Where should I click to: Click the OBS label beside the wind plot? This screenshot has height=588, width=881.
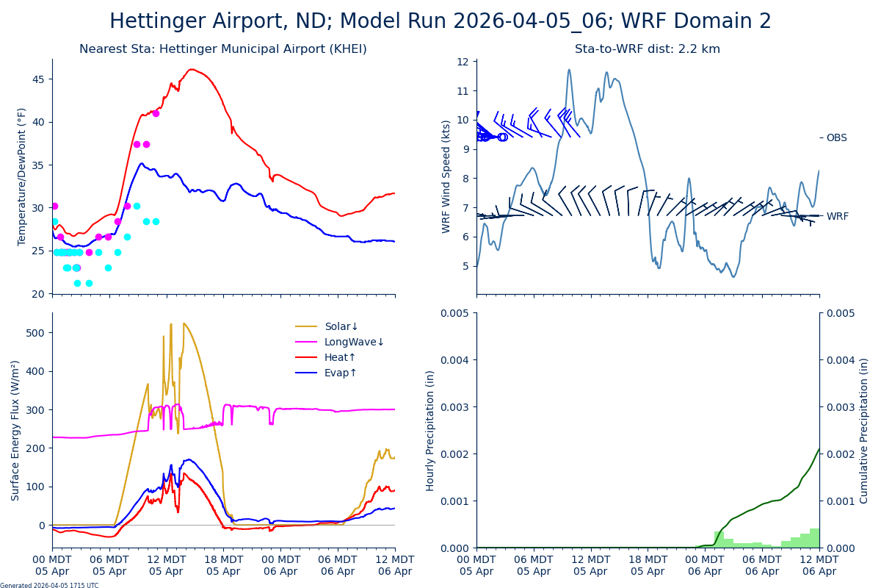[836, 137]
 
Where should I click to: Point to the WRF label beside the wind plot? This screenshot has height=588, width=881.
[837, 216]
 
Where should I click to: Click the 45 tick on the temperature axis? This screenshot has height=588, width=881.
[38, 79]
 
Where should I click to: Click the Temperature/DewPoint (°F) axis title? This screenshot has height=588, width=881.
[22, 176]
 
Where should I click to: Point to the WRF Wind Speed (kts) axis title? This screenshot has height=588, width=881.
[446, 176]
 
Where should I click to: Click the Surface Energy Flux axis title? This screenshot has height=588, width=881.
[15, 430]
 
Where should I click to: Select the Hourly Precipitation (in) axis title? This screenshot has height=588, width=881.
[430, 430]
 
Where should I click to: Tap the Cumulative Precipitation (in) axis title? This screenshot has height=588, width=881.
[864, 430]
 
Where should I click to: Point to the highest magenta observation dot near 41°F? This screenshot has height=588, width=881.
[156, 113]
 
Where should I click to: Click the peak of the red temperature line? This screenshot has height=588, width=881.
[191, 69]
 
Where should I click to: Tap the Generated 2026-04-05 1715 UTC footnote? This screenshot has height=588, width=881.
[49, 585]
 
